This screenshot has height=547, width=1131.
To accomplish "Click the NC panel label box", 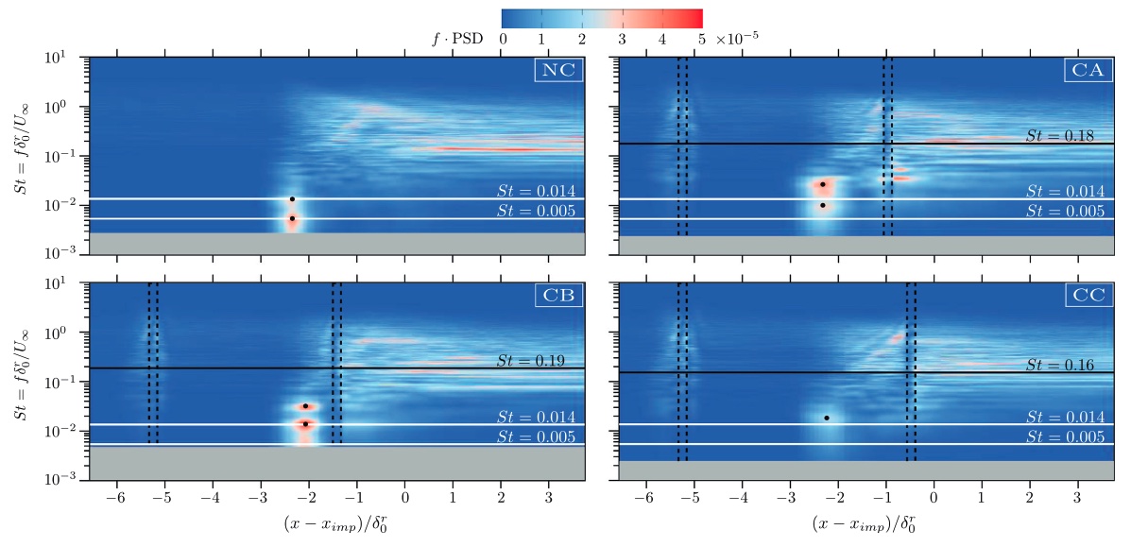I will tap(557, 70).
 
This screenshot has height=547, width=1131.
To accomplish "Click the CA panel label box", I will tap(1086, 70).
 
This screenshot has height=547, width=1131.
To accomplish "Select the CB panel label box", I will tap(557, 295).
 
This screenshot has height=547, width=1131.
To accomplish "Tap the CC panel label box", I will tap(1086, 295).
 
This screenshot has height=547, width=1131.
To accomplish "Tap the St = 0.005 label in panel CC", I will tap(1065, 436).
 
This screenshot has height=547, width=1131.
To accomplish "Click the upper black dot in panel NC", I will tap(292, 199).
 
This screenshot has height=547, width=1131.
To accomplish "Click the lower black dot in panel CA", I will tap(823, 205).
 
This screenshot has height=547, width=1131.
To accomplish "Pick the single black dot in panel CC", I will tap(827, 418).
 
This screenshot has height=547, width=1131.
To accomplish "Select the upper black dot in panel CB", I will tap(305, 406).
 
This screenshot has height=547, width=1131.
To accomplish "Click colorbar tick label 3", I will tap(622, 39).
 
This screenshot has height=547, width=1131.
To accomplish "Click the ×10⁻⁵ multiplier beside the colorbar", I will tap(737, 39).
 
